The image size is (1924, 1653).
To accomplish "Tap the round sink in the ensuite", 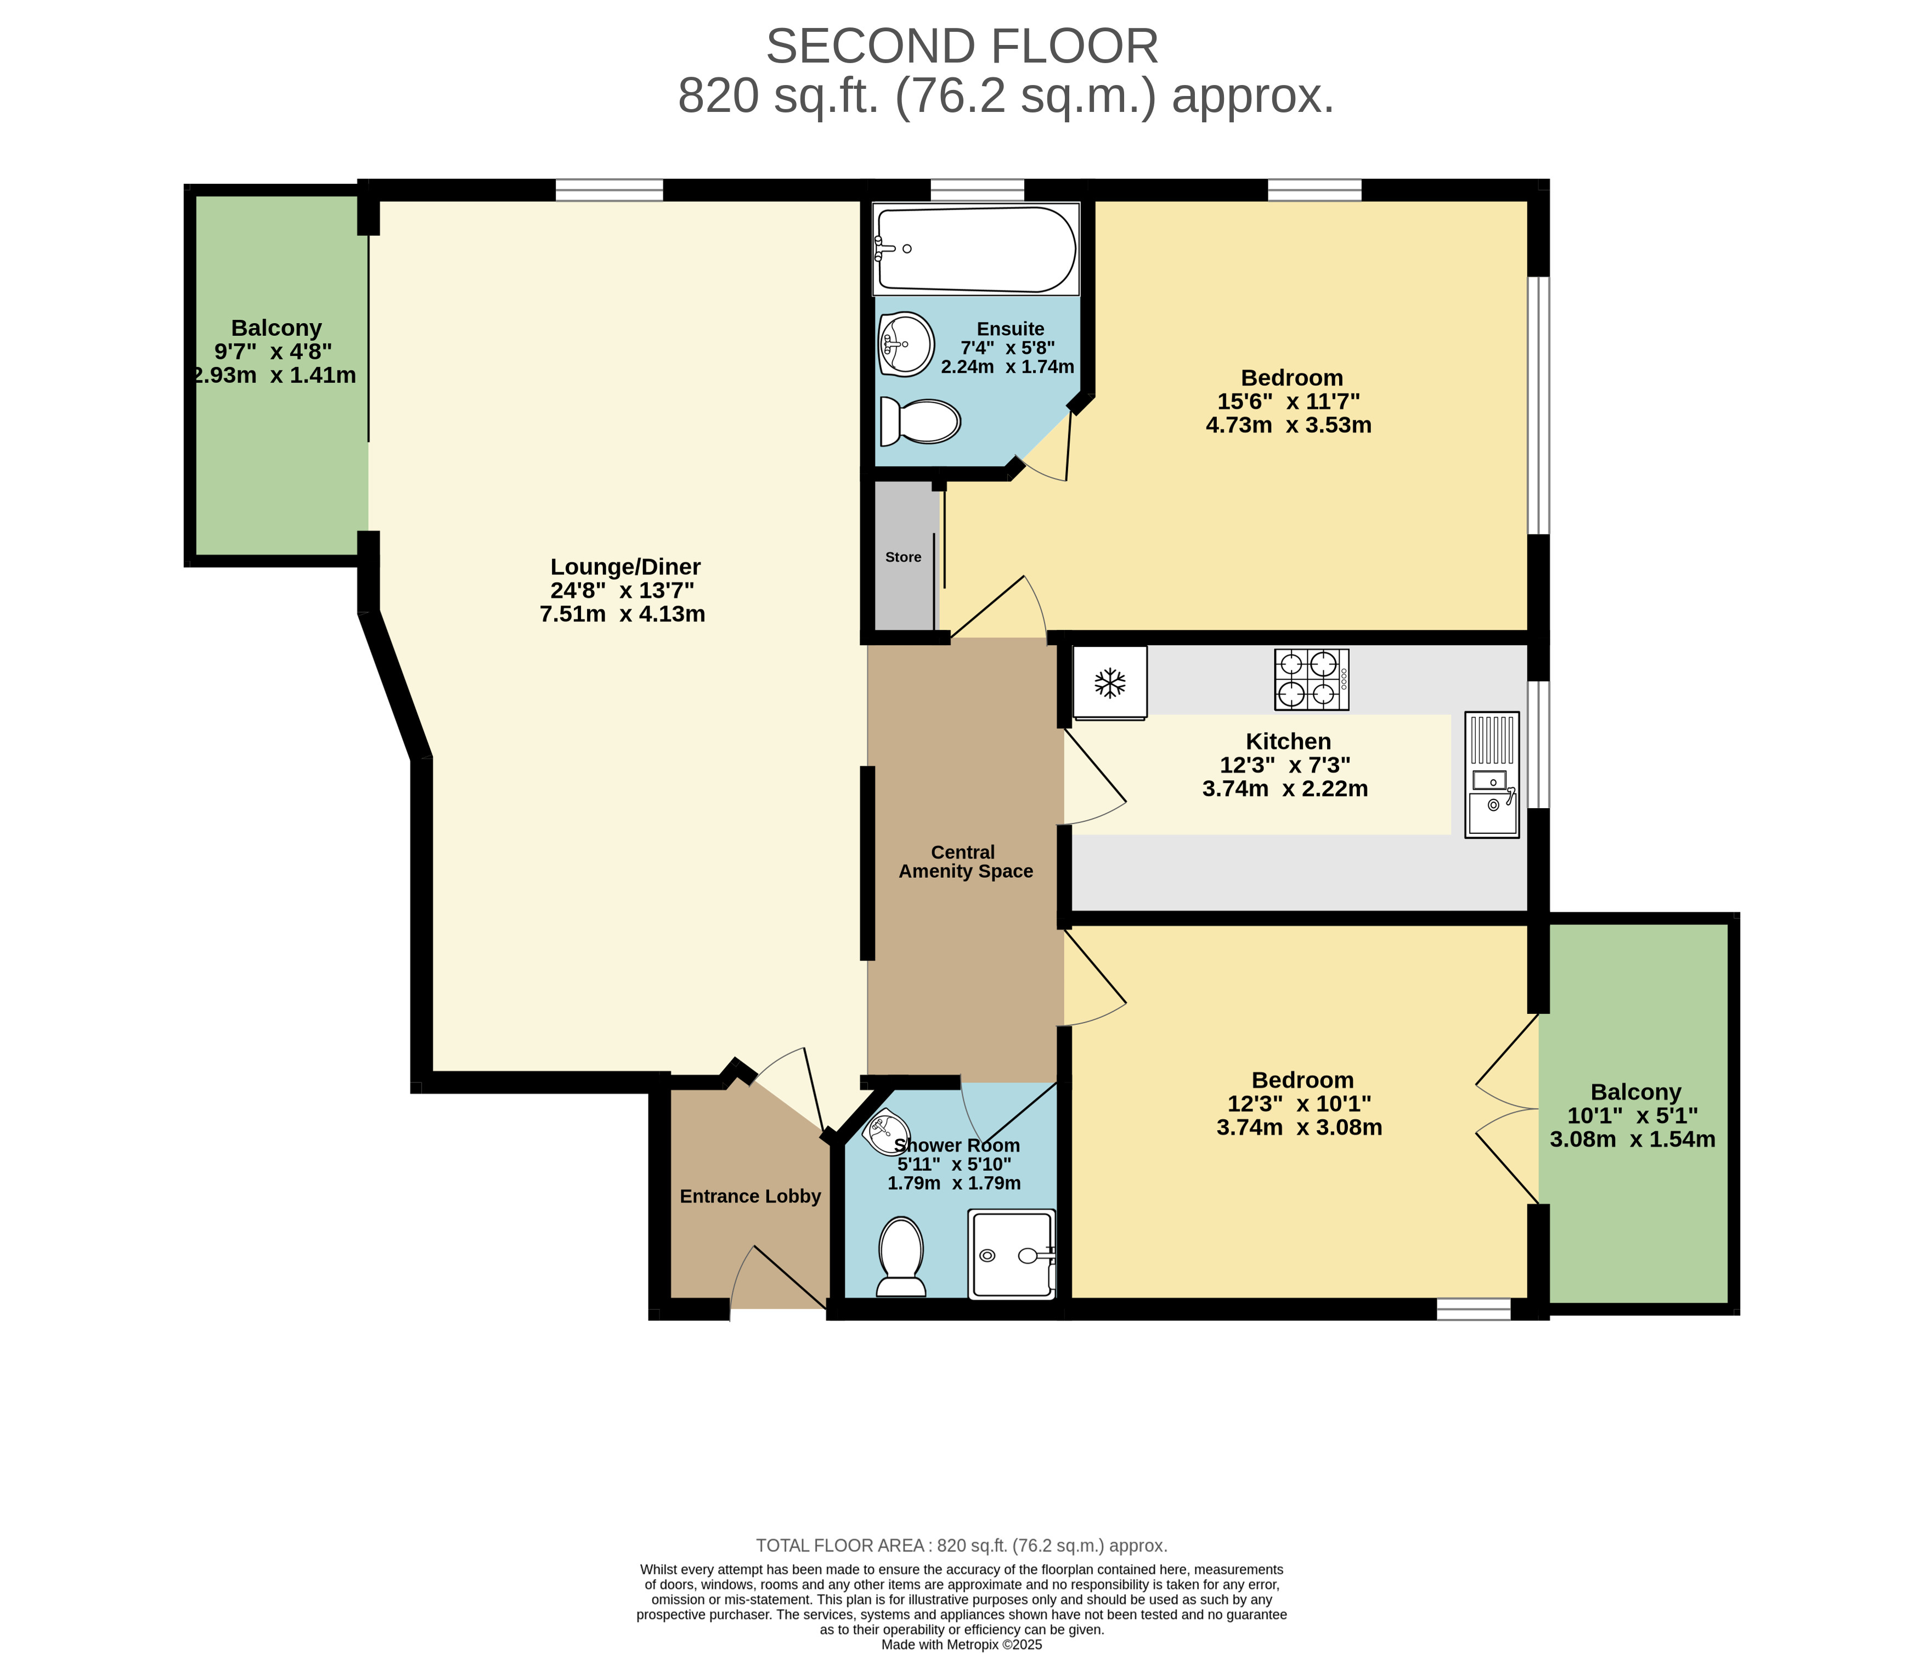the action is click(x=906, y=343).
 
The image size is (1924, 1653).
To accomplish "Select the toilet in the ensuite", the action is click(x=919, y=421).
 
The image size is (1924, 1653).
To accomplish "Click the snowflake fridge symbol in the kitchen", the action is click(x=1110, y=682).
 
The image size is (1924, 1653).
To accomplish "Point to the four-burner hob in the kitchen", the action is click(x=1311, y=679).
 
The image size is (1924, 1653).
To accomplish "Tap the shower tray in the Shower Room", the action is click(x=1012, y=1254).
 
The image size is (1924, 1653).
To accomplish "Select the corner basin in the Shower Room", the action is click(x=882, y=1129).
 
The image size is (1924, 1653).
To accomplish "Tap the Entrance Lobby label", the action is click(x=751, y=1196).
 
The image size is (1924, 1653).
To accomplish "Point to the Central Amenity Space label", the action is click(x=966, y=862).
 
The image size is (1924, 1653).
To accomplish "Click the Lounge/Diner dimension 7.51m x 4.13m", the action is click(x=622, y=614).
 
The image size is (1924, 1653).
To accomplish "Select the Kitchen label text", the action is click(x=1288, y=741).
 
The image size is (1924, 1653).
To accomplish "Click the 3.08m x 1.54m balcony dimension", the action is click(x=1633, y=1139).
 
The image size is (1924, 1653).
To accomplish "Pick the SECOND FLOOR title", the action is click(x=962, y=47).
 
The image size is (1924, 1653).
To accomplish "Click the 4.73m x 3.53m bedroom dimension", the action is click(x=1289, y=425).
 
